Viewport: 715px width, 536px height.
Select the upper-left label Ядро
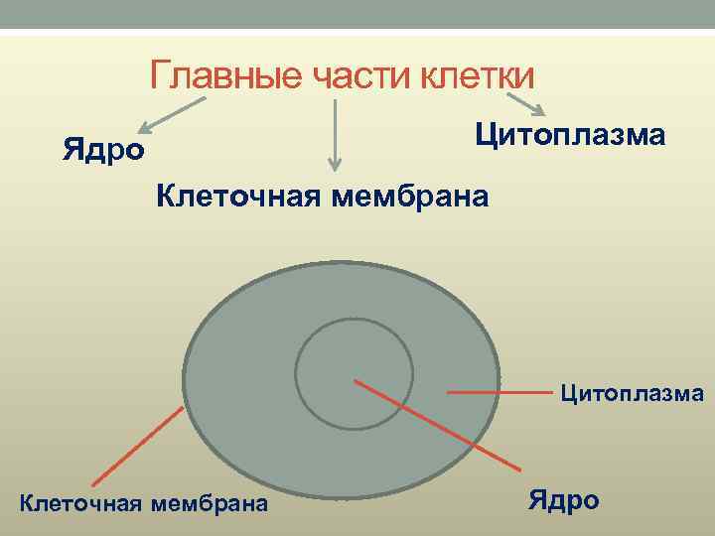point(103,150)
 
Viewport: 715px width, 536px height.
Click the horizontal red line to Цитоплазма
point(500,394)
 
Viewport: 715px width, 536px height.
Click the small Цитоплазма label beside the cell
point(633,394)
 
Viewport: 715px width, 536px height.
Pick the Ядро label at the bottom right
point(563,499)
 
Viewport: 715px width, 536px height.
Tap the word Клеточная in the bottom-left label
point(79,504)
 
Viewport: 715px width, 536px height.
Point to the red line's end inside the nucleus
point(355,378)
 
